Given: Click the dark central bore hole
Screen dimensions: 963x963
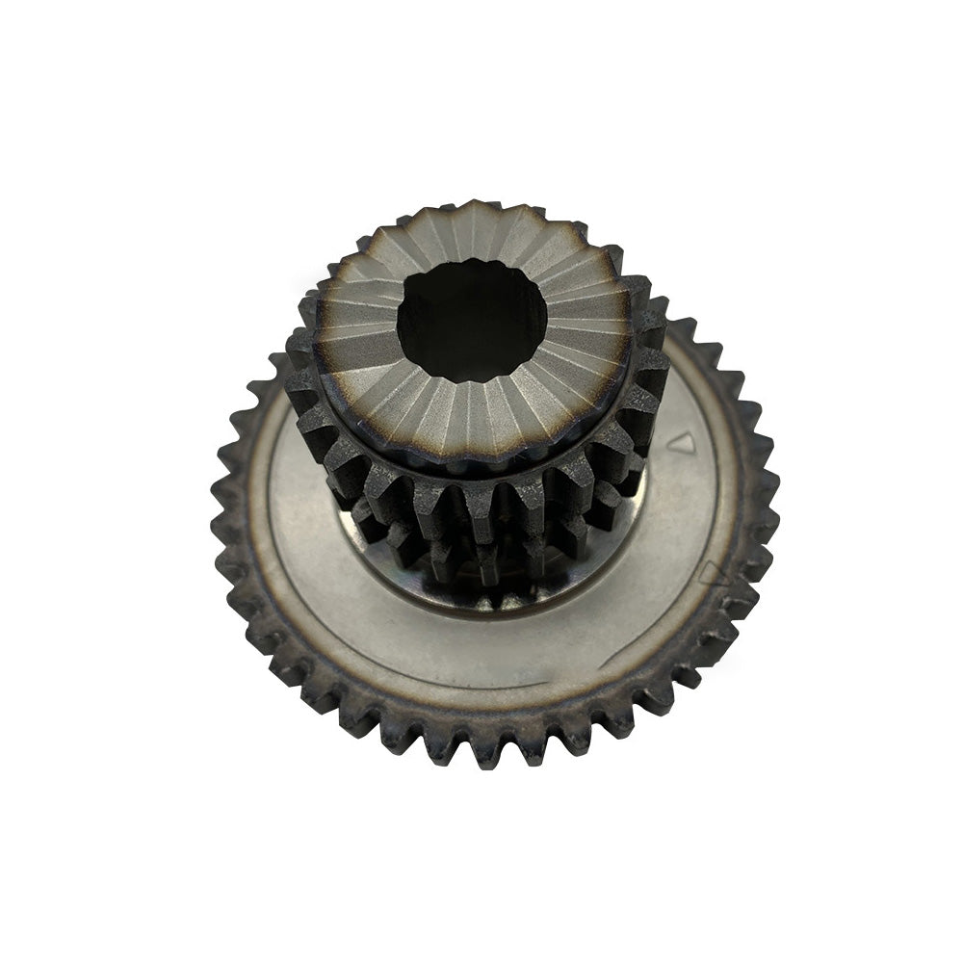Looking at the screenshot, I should coord(471,318).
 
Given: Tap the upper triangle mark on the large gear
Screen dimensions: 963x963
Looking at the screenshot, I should coord(682,442).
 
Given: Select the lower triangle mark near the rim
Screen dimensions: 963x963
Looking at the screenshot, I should coord(711,574).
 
